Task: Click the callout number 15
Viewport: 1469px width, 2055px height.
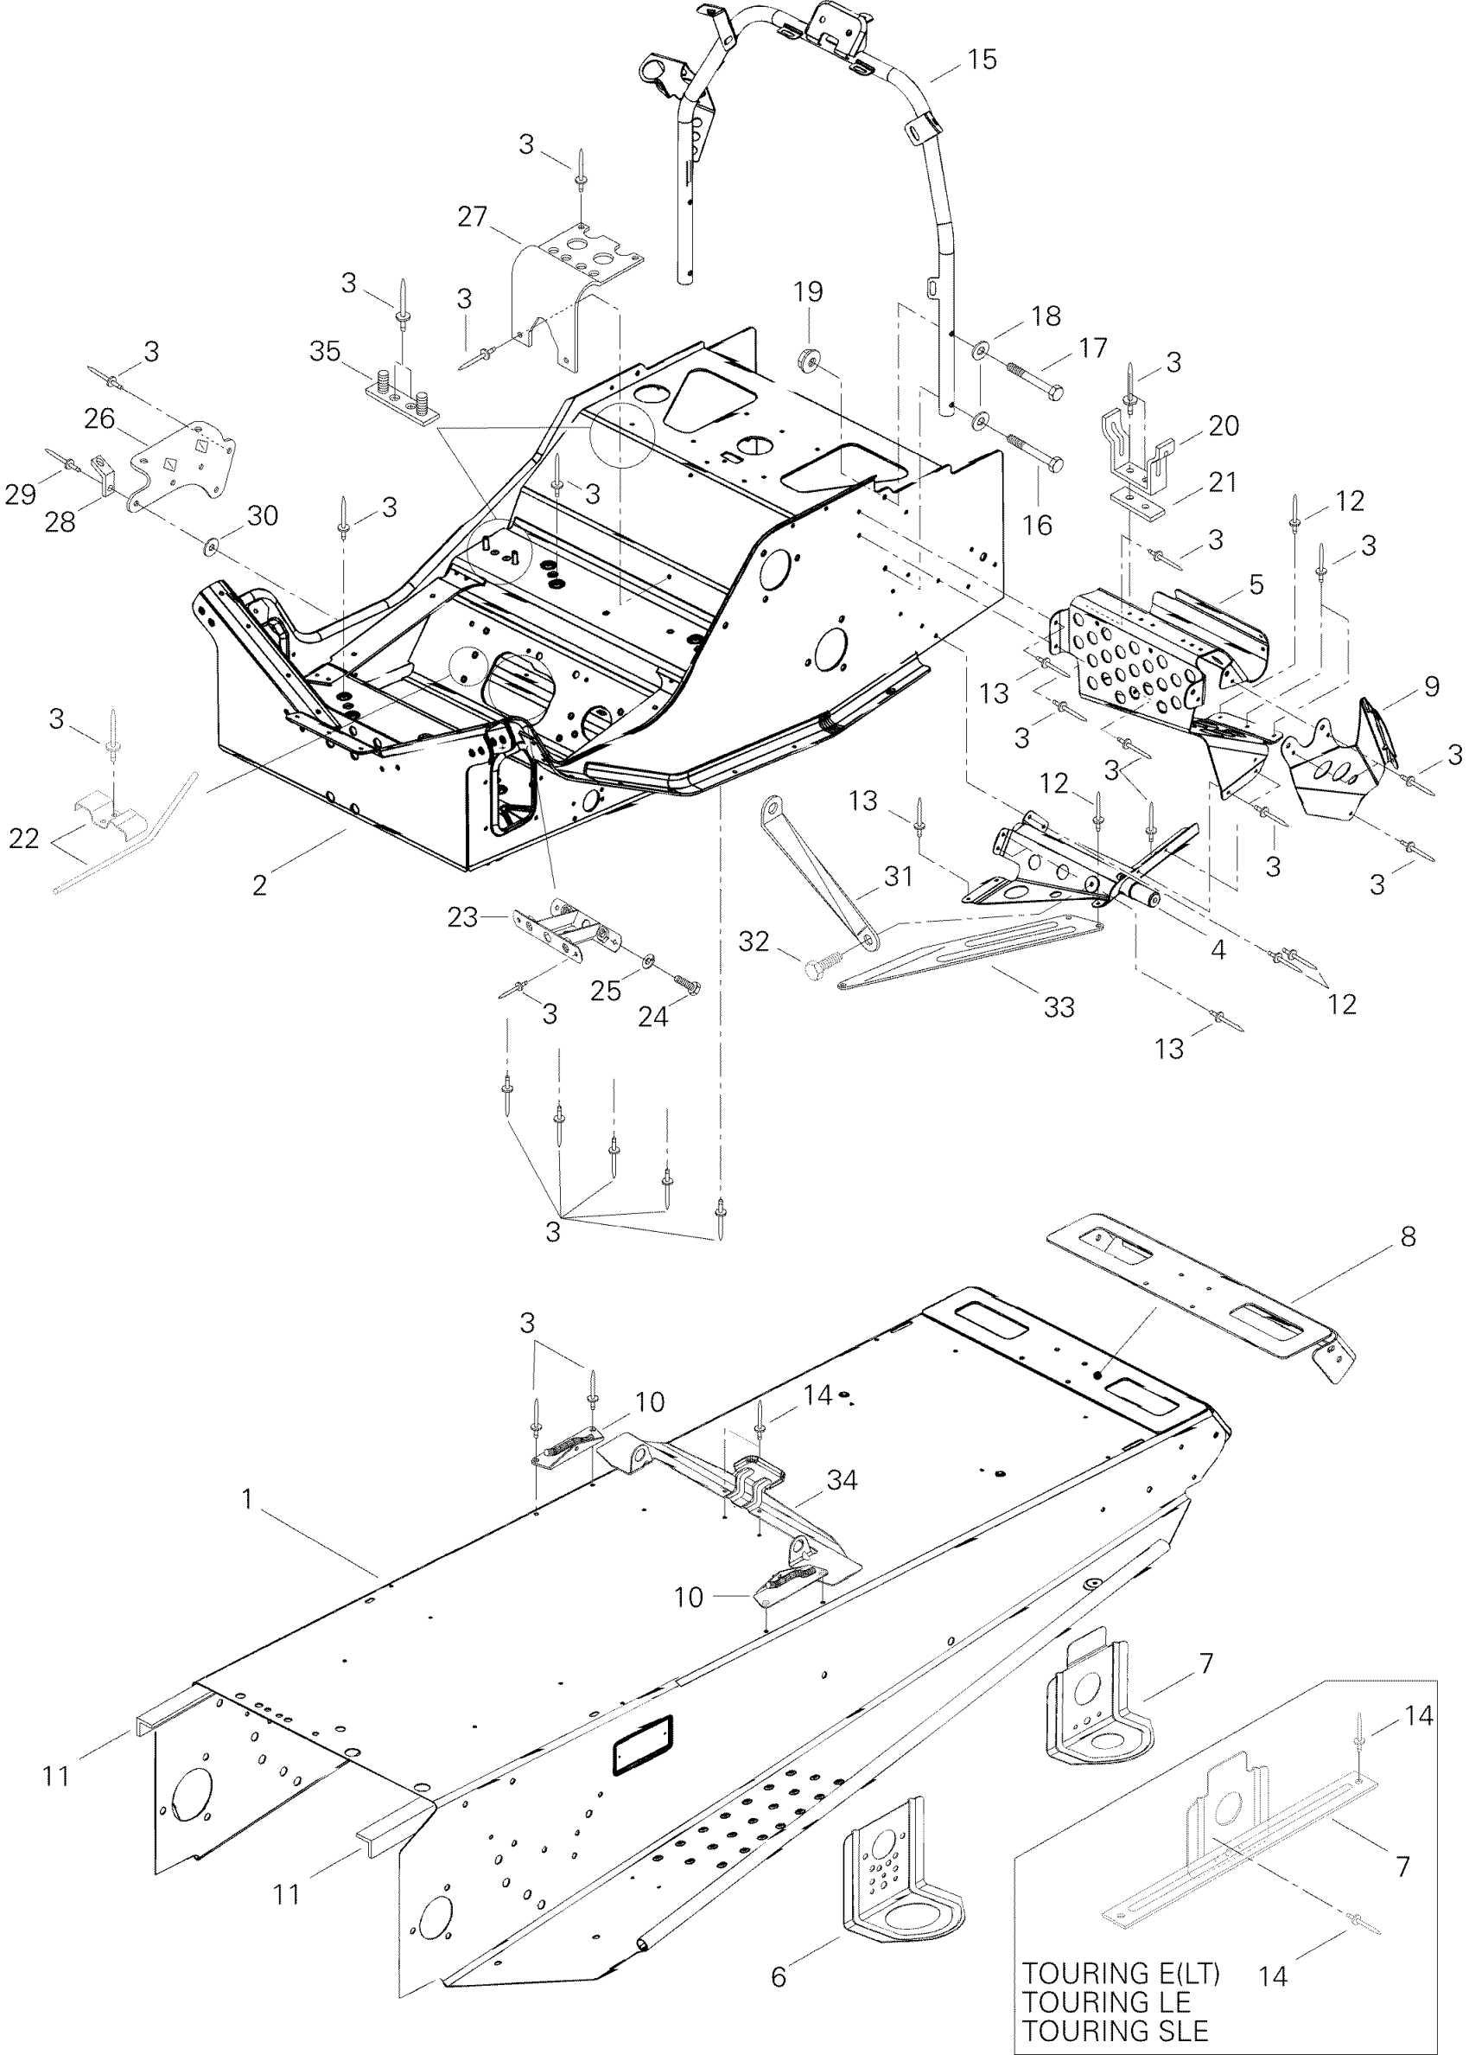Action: pos(982,60)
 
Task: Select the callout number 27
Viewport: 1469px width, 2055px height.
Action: pos(472,217)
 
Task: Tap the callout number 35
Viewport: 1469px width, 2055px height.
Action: pos(325,351)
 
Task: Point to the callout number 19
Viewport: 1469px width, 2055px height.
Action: pos(809,291)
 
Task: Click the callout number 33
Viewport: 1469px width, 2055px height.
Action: pos(1059,1006)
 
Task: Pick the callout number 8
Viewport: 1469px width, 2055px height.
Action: pos(1409,1237)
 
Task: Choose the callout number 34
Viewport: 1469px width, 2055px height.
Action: pos(843,1480)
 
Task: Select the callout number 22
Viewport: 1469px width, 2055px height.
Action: pos(23,839)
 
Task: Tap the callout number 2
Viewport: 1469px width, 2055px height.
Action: pos(259,884)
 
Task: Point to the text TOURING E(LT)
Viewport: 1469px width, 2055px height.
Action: pos(1121,1973)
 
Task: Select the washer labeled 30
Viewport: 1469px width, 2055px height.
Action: pos(214,546)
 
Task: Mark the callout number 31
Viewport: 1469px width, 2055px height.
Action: pos(898,876)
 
